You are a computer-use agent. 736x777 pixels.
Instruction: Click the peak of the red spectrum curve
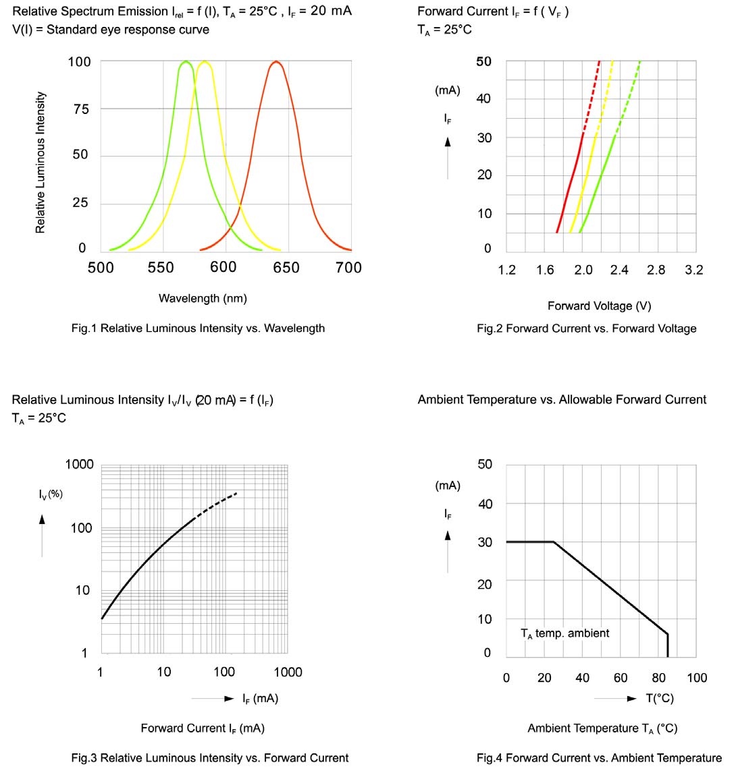[275, 62]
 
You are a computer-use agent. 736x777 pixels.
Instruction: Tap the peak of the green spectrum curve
[185, 62]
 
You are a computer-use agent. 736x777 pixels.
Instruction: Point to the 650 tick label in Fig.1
[286, 268]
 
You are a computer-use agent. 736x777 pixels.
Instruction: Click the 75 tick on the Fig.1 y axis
[80, 109]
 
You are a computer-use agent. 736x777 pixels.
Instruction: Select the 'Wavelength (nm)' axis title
[203, 298]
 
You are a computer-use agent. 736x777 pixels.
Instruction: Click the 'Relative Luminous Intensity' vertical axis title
[41, 163]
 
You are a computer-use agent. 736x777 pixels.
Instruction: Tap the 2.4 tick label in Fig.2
[619, 270]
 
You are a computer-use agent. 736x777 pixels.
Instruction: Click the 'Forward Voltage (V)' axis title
[599, 306]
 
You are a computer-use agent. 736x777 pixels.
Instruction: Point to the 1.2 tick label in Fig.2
[506, 270]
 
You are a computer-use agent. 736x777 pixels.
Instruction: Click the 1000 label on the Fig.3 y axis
[79, 464]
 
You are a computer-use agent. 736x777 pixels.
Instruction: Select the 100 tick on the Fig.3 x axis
[224, 672]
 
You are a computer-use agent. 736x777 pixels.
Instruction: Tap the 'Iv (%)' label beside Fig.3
[51, 494]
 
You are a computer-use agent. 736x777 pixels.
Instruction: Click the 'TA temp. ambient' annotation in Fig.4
[564, 633]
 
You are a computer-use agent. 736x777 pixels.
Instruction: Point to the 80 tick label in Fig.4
[658, 678]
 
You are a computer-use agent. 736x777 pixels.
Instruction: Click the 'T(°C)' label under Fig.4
[660, 698]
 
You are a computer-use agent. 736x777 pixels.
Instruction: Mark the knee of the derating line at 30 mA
[554, 542]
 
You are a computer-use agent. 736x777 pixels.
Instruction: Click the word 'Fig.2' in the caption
[490, 328]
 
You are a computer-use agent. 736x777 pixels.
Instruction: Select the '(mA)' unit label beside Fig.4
[448, 486]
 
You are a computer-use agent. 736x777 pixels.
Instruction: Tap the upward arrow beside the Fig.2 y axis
[448, 142]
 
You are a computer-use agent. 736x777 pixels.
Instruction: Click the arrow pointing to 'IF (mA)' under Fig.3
[229, 698]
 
